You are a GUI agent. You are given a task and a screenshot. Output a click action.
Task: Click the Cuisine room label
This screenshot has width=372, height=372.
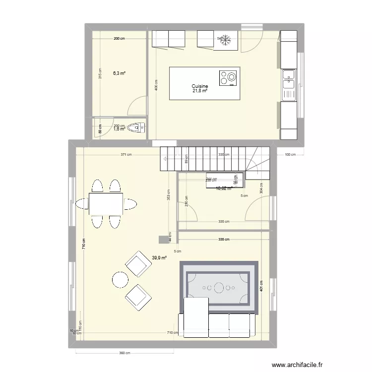[200, 86]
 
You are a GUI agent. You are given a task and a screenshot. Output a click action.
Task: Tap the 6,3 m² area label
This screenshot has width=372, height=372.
[119, 73]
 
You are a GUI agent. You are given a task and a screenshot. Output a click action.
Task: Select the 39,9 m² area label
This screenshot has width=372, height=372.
[159, 258]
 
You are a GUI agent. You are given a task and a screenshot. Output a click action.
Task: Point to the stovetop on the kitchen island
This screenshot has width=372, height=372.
[228, 78]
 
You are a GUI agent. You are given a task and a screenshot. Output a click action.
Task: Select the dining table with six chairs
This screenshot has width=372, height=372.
[106, 203]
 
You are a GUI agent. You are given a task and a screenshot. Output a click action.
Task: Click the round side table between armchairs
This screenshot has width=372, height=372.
[121, 280]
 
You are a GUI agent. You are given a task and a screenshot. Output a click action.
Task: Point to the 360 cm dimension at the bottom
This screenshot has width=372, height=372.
[124, 353]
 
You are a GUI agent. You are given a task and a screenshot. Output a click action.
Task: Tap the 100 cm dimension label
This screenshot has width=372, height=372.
[290, 155]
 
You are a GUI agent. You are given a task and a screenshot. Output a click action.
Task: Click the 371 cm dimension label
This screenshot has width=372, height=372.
[125, 155]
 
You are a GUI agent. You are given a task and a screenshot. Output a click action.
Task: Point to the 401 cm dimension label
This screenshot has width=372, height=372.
[261, 285]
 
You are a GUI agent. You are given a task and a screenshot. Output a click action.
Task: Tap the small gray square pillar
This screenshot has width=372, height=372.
[163, 240]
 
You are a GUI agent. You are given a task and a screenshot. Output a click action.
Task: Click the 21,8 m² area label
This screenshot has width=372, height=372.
[200, 91]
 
